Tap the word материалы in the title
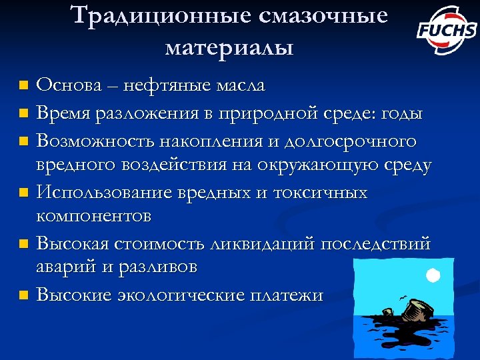click(x=229, y=47)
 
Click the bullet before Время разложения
click(x=23, y=114)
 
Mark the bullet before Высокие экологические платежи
click(x=23, y=295)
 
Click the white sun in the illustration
click(x=432, y=275)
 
